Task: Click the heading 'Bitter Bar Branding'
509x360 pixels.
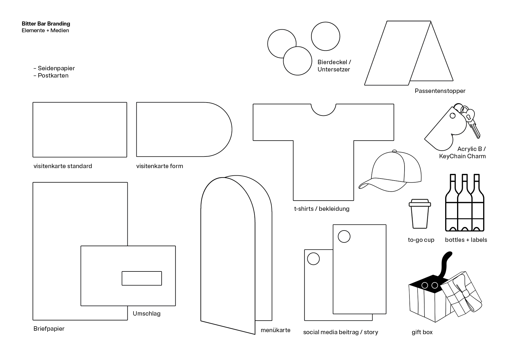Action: pos(46,24)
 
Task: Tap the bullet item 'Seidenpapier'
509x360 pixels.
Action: pos(56,68)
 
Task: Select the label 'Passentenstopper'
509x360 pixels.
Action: pos(440,91)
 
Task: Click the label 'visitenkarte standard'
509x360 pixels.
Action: pos(63,166)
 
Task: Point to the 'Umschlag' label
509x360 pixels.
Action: pos(147,314)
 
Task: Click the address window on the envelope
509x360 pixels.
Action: pos(142,278)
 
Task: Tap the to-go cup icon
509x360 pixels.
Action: pos(420,214)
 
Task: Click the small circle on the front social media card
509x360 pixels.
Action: pos(344,237)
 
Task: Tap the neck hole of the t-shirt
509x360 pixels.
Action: pos(324,110)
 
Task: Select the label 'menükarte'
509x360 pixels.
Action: pos(275,330)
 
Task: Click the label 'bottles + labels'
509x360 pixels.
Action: pos(466,240)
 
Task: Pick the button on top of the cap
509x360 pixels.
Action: pos(394,151)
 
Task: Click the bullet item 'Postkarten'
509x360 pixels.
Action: pos(53,75)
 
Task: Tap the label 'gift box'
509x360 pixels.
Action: pos(422,332)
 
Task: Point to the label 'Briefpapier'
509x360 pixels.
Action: pos(49,329)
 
